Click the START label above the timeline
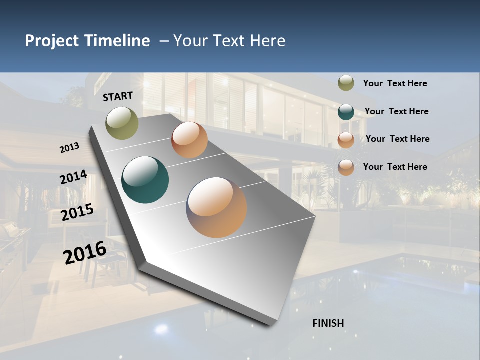tap(118, 96)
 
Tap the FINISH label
tap(328, 323)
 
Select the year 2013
tap(70, 147)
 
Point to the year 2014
tap(73, 177)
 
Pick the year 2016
tap(85, 252)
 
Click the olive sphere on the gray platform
tap(122, 123)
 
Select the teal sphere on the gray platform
tap(145, 180)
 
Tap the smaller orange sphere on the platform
tap(189, 140)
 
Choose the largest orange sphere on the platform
tap(216, 207)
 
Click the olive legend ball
tap(346, 83)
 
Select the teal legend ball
tap(346, 112)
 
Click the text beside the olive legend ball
tap(395, 84)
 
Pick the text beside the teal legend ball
tap(396, 111)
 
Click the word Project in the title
tap(51, 41)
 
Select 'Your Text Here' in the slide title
tap(229, 41)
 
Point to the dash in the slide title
tap(164, 41)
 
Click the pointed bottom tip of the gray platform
tap(270, 325)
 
